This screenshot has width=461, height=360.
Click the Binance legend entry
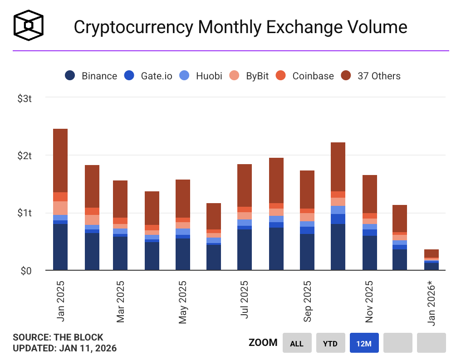point(91,76)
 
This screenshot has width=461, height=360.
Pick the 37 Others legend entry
point(371,76)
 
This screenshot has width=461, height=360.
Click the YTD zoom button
point(330,343)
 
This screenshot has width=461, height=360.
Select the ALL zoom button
point(297,343)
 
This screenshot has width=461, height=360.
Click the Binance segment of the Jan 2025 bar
point(60,247)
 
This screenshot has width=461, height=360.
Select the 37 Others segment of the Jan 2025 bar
point(60,161)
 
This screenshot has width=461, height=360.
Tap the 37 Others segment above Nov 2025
point(370,194)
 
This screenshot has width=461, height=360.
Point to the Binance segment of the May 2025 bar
point(183,254)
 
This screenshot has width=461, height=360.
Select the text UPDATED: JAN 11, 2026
point(64,348)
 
